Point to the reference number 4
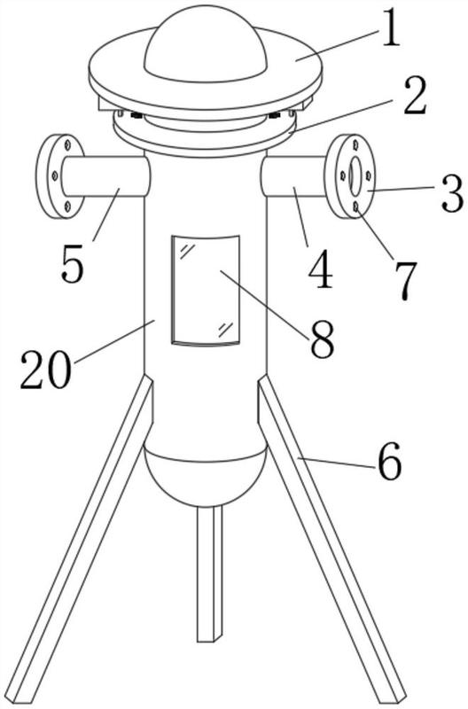pos(322,271)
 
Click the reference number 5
pos(73,263)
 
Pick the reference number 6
pos(390,461)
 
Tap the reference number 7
pos(404,279)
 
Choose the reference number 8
pos(322,339)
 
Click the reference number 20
pos(46,370)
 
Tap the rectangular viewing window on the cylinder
pos(206,291)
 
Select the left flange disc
pos(59,176)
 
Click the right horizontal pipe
pos(293,176)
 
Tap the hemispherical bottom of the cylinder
pos(205,475)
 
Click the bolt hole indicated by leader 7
pos(356,206)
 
